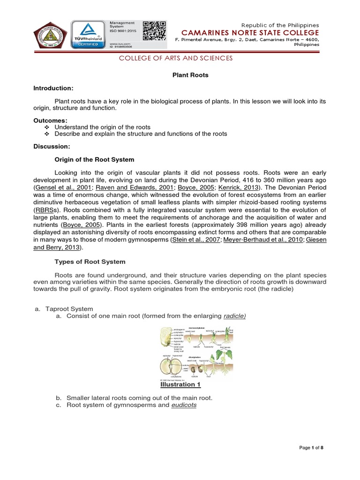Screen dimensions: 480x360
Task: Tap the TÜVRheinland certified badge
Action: coord(88,34)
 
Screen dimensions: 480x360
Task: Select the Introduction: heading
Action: coord(53,88)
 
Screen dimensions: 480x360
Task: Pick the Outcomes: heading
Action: coord(50,120)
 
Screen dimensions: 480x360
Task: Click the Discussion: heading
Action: coord(52,146)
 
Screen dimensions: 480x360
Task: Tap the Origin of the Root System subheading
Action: coord(95,159)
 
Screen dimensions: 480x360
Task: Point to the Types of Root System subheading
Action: coord(90,261)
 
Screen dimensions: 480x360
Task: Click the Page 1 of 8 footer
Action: coord(312,448)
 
